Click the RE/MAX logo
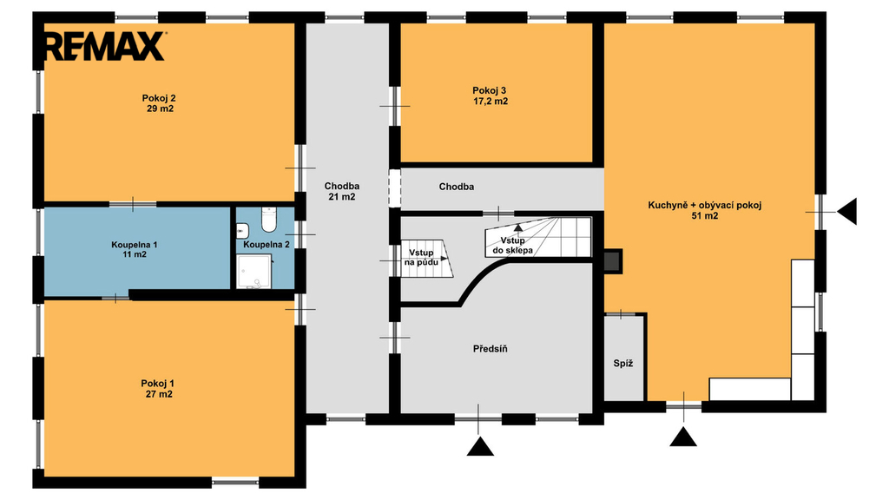(104, 46)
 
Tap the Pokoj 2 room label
(159, 98)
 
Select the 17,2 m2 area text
(491, 102)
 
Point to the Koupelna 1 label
(135, 244)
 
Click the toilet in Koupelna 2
(269, 220)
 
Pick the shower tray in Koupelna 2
(254, 271)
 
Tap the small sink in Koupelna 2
(242, 231)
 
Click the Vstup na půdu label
(421, 257)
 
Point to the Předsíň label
(491, 349)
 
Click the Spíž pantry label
(623, 364)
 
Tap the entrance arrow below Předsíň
(480, 446)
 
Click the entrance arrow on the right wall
(847, 212)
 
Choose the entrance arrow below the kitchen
(683, 437)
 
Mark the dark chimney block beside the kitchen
(613, 260)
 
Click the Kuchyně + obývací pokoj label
(705, 205)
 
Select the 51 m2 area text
(705, 215)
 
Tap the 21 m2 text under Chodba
(342, 197)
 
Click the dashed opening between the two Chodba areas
(395, 188)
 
